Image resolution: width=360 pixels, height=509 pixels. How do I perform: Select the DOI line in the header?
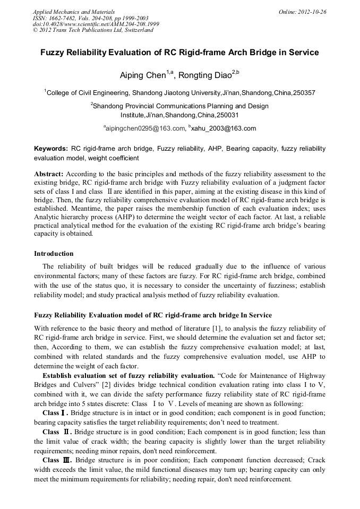tap(96, 24)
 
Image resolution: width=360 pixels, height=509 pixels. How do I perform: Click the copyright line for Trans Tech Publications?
tap(93, 30)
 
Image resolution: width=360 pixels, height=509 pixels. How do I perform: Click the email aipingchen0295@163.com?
tap(145, 128)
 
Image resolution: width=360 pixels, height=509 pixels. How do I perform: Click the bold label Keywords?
tap(51, 149)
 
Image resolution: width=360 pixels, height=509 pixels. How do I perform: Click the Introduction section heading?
tap(54, 254)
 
